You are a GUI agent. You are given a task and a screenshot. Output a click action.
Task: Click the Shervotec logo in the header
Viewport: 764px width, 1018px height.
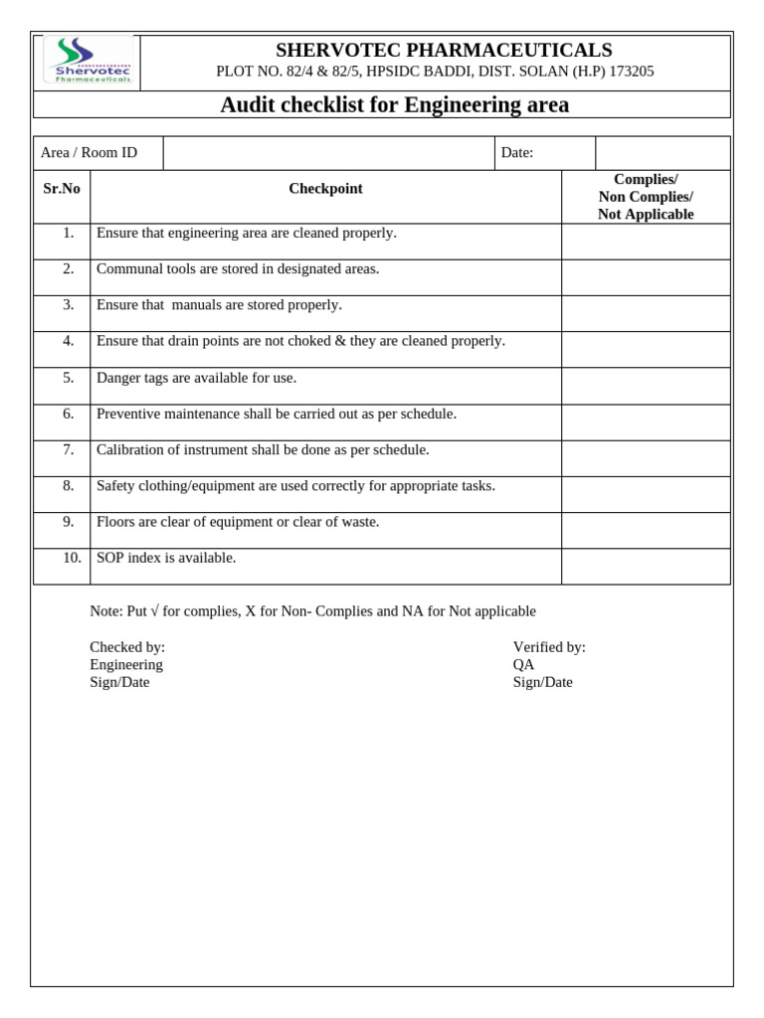pos(88,62)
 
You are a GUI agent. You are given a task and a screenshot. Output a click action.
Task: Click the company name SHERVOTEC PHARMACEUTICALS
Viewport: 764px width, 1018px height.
pos(444,50)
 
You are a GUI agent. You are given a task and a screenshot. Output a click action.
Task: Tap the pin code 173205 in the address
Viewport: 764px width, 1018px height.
pos(631,72)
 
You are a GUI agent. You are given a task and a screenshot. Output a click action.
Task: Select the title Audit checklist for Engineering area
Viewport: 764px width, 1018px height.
pos(395,104)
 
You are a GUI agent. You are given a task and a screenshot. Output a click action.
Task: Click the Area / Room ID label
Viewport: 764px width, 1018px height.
pos(89,152)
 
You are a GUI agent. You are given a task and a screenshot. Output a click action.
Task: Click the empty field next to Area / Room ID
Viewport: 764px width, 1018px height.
pos(328,153)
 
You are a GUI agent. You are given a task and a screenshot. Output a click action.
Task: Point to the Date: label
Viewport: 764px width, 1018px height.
pos(517,152)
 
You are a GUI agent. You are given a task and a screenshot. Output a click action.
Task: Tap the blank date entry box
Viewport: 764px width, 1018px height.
pos(662,153)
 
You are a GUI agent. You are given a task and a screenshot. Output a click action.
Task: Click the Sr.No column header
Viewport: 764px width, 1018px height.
pos(62,189)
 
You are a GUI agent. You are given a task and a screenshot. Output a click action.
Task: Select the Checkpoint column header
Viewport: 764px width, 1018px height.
pos(325,189)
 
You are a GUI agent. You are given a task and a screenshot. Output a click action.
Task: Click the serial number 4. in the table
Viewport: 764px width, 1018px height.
pos(68,341)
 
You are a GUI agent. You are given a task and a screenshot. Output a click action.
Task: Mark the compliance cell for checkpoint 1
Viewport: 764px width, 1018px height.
pos(646,242)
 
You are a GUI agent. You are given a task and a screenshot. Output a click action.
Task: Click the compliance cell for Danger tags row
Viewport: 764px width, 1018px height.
pos(646,386)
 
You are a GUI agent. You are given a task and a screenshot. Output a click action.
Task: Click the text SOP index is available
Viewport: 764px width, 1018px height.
pos(166,558)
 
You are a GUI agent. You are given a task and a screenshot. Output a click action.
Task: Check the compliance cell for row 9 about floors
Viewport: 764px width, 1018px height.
pos(646,530)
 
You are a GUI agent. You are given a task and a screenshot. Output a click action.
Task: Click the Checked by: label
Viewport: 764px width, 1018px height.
pos(127,647)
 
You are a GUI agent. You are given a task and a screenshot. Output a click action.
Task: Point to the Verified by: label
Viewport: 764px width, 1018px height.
pos(549,647)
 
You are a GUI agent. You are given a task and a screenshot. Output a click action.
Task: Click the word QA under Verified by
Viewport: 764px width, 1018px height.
pos(523,665)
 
